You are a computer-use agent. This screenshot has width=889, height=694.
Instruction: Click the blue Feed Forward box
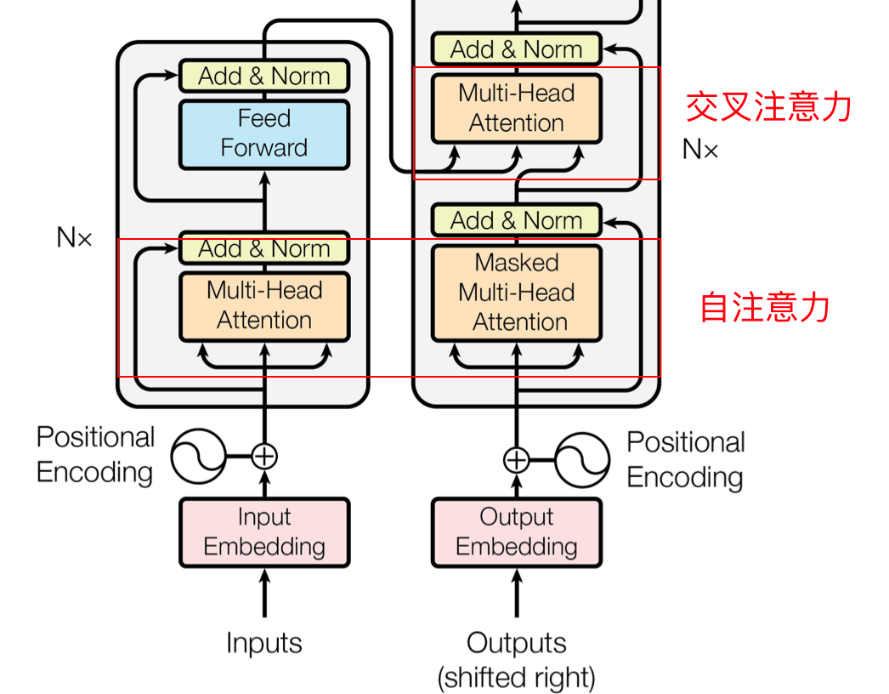[x=264, y=134]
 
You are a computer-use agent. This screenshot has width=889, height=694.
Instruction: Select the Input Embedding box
[x=264, y=532]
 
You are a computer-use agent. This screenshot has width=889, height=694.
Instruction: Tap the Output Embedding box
[x=517, y=532]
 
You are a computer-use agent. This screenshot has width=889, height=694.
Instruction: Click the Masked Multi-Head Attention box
[x=517, y=293]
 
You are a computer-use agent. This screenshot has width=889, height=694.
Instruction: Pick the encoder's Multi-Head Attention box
[x=264, y=306]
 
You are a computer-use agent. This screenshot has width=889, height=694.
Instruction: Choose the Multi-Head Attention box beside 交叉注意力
[x=517, y=108]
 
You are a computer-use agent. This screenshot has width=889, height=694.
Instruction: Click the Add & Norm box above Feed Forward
[x=264, y=76]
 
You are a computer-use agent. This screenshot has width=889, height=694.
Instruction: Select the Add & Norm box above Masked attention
[x=517, y=220]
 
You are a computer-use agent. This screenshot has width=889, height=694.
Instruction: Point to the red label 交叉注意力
[x=768, y=107]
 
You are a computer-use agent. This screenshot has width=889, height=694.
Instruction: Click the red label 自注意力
[x=765, y=307]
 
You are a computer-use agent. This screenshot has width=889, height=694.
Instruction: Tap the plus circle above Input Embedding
[x=264, y=456]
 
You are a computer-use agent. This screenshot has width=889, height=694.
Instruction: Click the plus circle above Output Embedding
[x=517, y=459]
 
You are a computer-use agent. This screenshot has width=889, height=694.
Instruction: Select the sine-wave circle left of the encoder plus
[x=198, y=456]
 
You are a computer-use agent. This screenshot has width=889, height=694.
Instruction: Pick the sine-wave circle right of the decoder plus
[x=582, y=459]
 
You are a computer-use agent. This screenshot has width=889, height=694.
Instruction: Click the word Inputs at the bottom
[x=264, y=642]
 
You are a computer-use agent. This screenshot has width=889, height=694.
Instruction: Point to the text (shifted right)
[x=517, y=678]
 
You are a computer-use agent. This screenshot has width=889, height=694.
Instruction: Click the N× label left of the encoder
[x=74, y=237]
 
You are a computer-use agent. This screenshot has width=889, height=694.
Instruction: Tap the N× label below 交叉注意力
[x=700, y=151]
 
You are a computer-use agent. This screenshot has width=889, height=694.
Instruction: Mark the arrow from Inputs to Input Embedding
[x=264, y=593]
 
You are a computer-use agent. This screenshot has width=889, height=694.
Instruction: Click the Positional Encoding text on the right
[x=685, y=459]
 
